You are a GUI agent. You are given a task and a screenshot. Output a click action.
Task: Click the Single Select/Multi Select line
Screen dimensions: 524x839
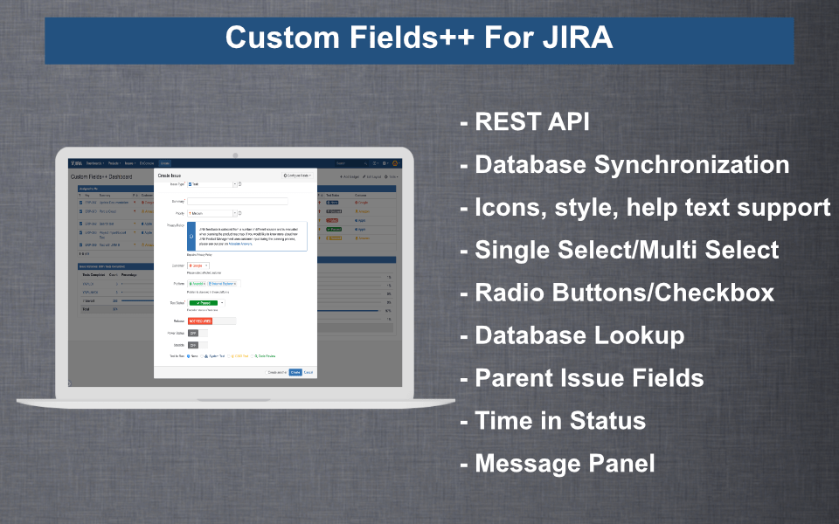point(626,250)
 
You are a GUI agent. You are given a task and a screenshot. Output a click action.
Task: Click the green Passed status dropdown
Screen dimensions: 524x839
point(205,302)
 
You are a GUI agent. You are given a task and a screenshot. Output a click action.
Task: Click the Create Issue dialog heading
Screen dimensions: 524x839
point(170,176)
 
